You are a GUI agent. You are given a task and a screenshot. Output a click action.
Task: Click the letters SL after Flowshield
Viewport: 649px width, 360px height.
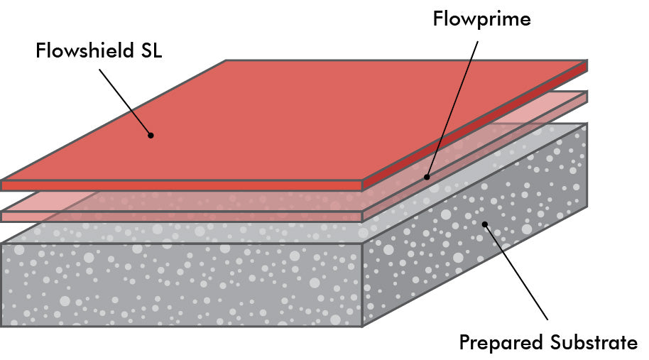coord(148,51)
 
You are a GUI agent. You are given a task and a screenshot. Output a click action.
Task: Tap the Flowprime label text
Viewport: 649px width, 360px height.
coord(481,18)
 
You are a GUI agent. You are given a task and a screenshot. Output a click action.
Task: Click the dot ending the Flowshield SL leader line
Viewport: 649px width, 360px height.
coord(150,133)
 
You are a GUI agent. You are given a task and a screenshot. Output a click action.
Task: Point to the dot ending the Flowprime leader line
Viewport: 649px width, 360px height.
coord(426,177)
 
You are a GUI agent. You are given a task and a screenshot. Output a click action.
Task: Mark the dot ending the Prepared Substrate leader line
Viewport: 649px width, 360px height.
coord(486,224)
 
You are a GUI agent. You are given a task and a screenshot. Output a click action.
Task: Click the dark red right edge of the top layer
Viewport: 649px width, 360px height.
coord(476,128)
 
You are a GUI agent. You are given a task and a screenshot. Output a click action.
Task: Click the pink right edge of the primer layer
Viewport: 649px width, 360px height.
coord(476,156)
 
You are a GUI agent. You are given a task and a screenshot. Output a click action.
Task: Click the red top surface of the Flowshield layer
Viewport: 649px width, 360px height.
coord(298,121)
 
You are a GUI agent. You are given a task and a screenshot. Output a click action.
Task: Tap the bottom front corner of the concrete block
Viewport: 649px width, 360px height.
coord(363,326)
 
